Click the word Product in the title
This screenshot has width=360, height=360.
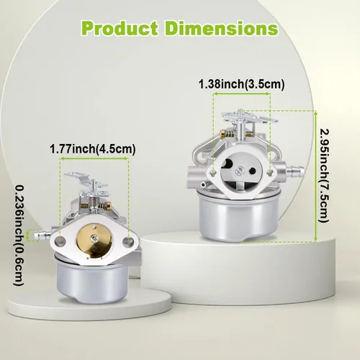tap(120, 29)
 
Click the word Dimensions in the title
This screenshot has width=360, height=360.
tap(222, 29)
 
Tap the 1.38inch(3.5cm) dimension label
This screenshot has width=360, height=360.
tap(241, 84)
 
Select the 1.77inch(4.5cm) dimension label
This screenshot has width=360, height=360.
tap(93, 149)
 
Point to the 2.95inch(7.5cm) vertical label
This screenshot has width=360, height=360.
tap(323, 176)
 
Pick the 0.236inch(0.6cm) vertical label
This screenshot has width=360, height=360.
tap(19, 235)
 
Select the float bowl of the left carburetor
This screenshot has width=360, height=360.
tap(92, 279)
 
